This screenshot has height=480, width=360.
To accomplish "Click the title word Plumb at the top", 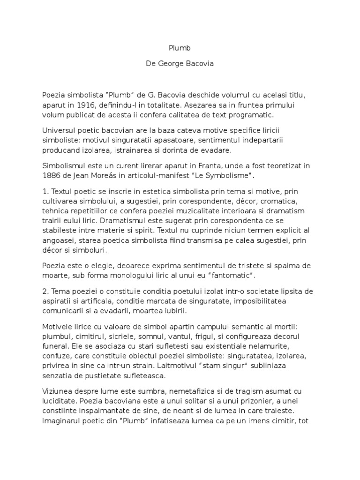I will (180, 48).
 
